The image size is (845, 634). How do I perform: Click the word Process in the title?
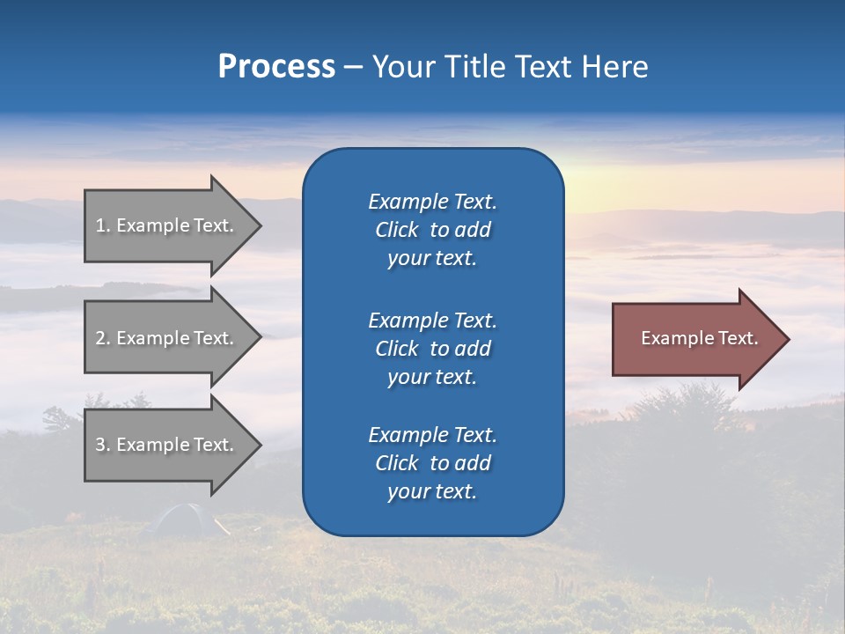click(276, 67)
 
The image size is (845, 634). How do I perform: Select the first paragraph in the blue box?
click(432, 230)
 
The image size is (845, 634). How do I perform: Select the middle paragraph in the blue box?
click(432, 349)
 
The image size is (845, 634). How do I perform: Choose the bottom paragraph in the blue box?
click(432, 463)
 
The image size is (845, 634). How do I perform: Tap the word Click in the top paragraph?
click(396, 230)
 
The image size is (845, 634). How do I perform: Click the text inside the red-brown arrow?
click(699, 338)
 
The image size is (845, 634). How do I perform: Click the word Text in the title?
click(542, 67)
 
